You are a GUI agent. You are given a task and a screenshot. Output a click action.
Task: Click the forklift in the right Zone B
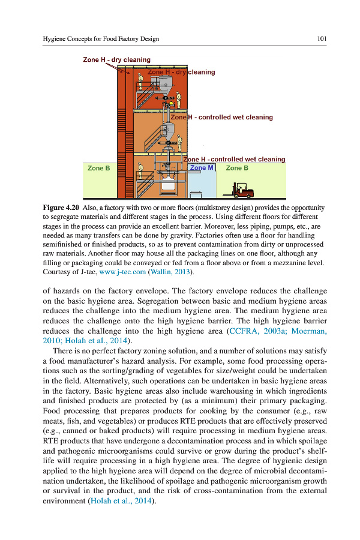(x=238, y=190)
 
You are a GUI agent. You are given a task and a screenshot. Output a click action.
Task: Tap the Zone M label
(x=202, y=168)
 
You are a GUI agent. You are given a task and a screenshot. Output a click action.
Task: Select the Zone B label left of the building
(x=98, y=168)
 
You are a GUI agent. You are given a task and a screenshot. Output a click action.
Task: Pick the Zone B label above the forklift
(x=237, y=168)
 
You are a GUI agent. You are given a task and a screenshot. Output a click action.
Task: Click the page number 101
(x=321, y=39)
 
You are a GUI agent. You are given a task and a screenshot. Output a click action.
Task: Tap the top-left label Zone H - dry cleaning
(x=116, y=59)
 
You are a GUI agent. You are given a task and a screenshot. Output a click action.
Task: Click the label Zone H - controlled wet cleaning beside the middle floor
(x=222, y=117)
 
